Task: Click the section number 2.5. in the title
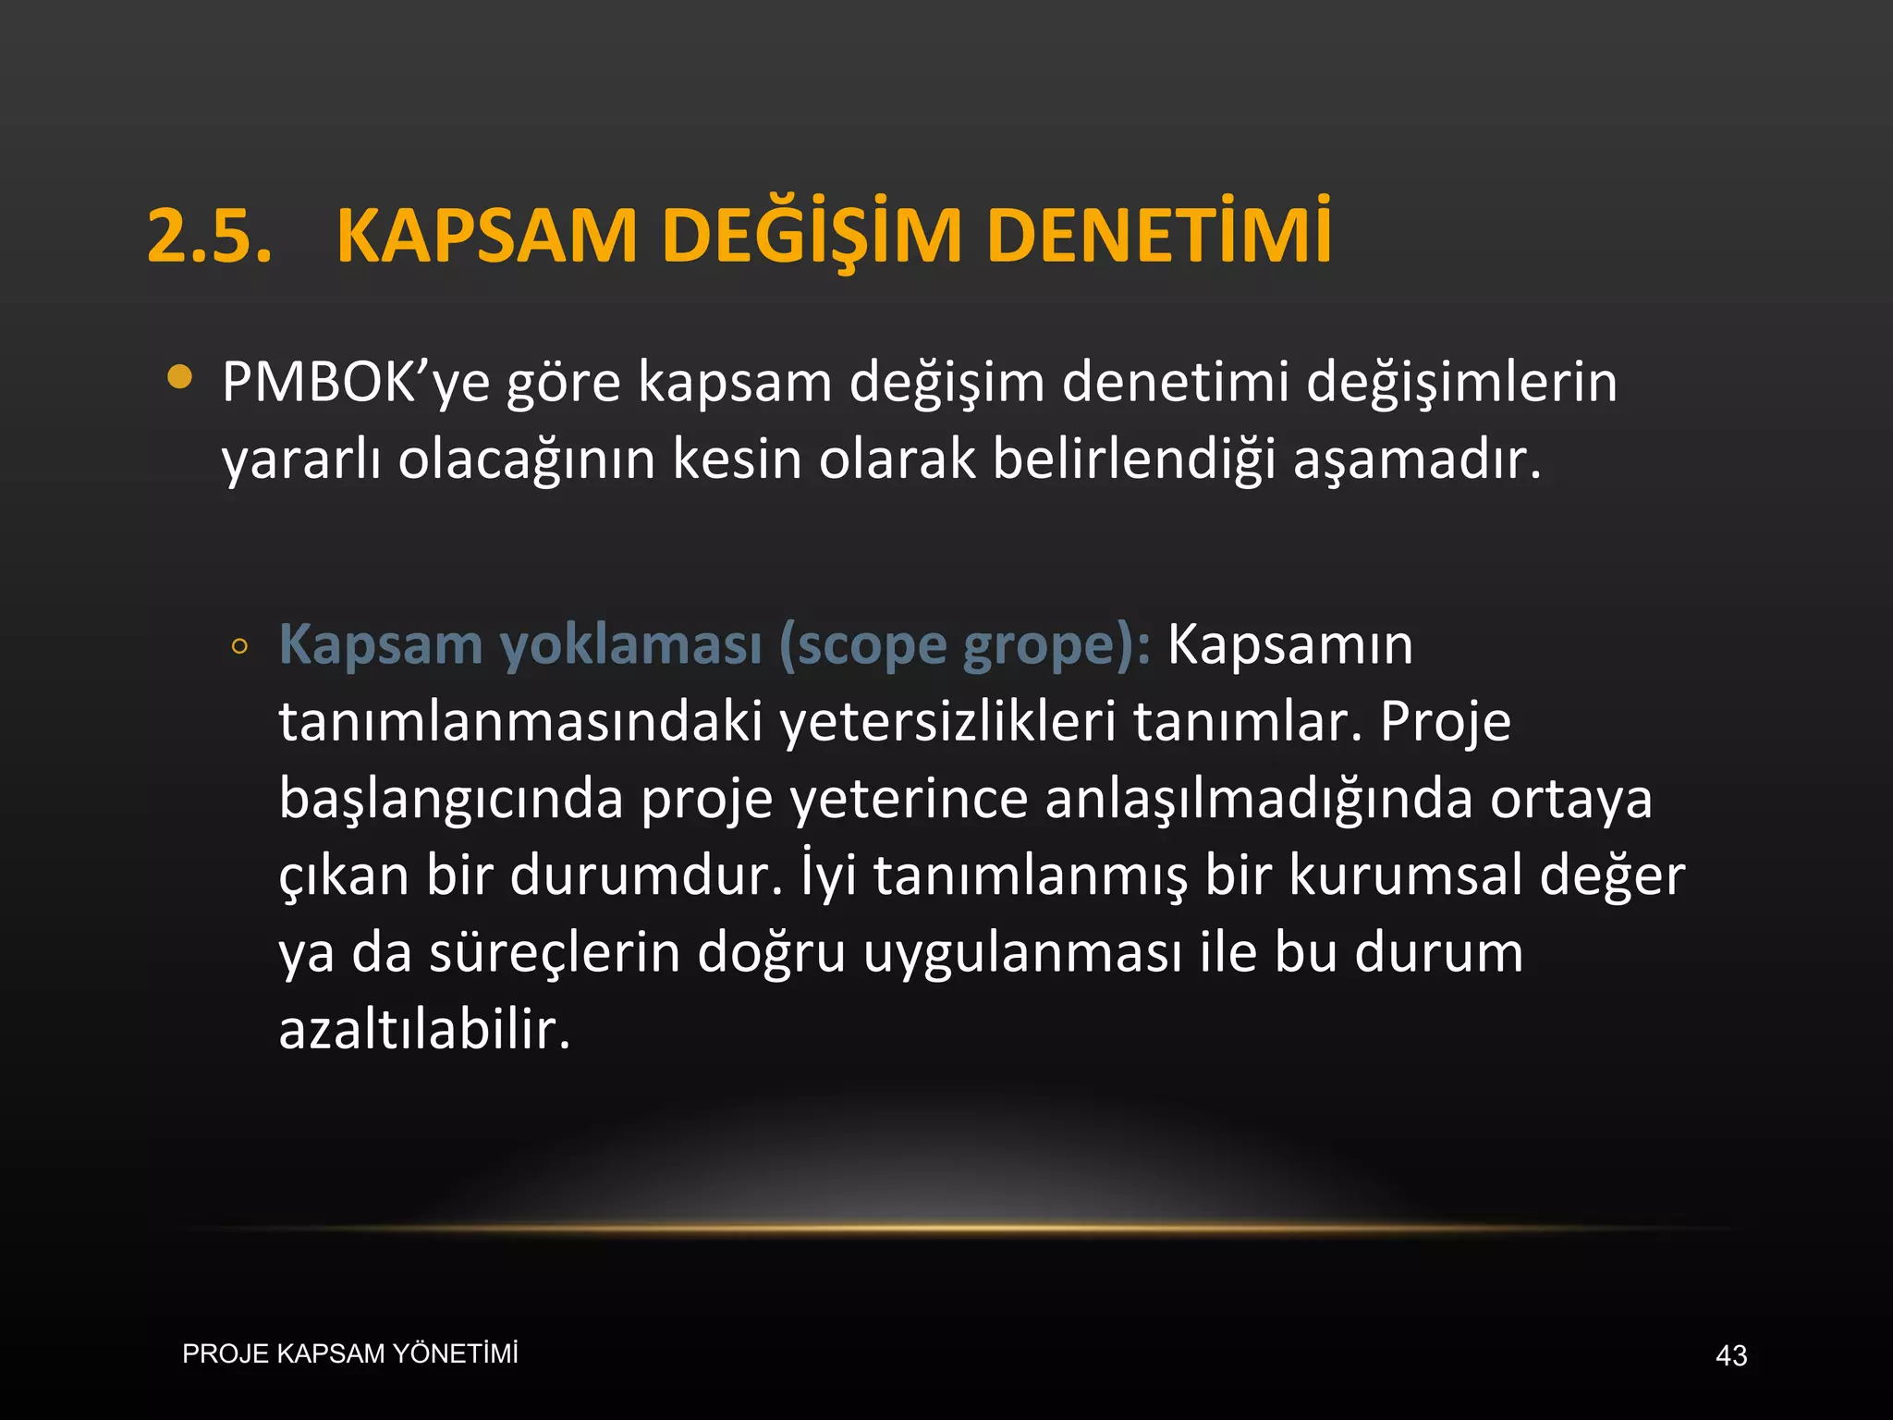(210, 236)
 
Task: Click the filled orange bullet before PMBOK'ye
(180, 377)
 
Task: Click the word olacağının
(526, 459)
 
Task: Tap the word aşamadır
(1417, 459)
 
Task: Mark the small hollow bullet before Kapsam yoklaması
(239, 647)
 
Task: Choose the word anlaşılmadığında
(1258, 799)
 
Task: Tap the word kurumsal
(1405, 875)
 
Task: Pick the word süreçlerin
(555, 953)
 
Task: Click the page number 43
(1731, 1356)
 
